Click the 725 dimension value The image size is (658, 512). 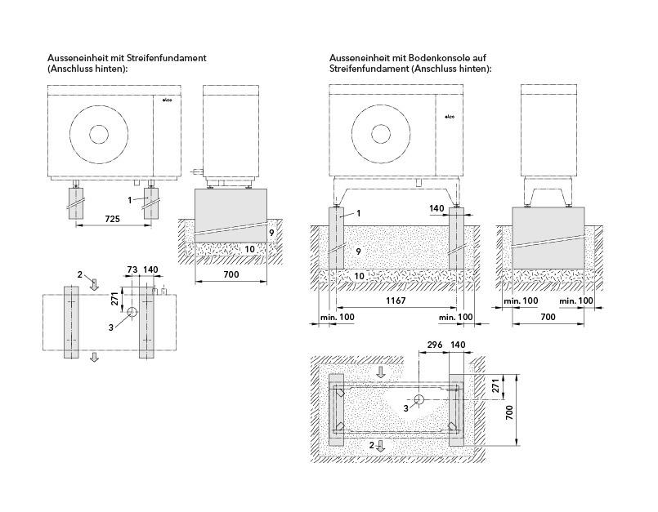click(112, 219)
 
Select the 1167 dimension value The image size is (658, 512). click(396, 301)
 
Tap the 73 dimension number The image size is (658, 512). click(132, 269)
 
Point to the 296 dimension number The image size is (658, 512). click(434, 345)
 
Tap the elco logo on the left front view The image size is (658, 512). click(168, 100)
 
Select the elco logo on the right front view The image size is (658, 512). click(449, 117)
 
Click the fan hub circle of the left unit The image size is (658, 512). click(99, 134)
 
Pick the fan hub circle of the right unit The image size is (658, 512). click(381, 134)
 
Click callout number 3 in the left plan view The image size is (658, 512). click(111, 327)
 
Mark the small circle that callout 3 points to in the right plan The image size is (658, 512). click(419, 399)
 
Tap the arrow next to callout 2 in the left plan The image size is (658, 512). click(95, 284)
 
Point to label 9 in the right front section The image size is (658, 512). click(358, 252)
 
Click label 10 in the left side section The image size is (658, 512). click(249, 250)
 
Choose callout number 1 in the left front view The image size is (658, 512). click(130, 200)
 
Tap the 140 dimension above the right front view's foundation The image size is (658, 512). click(436, 208)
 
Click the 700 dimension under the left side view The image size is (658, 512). click(231, 274)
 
